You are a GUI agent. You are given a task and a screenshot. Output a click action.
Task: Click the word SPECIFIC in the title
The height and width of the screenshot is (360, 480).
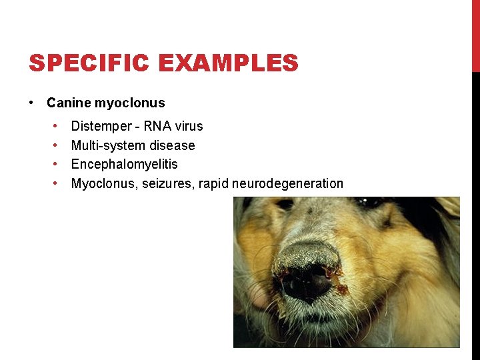pos(91,63)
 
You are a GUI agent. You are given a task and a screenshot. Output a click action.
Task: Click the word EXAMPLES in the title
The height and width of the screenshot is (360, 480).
pos(229,63)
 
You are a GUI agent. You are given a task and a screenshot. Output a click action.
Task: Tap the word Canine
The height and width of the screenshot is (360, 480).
pos(69,103)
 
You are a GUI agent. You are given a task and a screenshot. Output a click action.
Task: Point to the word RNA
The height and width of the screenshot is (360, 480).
pos(159,126)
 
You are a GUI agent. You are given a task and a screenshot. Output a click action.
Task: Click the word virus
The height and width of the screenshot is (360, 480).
pos(189,126)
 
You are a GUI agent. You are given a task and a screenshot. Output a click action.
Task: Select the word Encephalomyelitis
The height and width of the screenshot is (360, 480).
pos(125,164)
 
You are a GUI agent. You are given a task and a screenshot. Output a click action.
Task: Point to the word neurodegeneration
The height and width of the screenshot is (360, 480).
pos(288,183)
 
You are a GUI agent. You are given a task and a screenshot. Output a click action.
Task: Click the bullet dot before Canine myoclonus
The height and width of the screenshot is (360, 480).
pos(32,103)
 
